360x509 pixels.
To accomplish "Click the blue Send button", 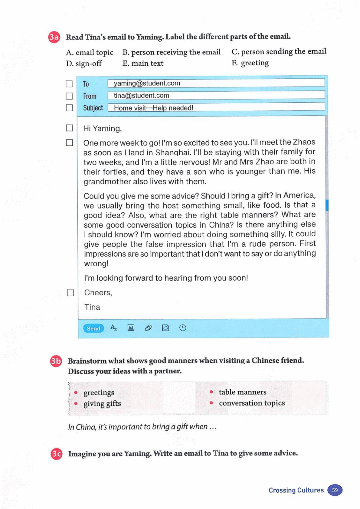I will point(93,328).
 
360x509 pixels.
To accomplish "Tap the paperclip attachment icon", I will point(148,328).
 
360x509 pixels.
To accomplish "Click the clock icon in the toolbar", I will point(183,328).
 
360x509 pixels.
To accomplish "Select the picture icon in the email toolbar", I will point(131,328).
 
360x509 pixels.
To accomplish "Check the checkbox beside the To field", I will point(69,84).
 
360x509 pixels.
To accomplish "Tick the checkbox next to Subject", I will point(69,108).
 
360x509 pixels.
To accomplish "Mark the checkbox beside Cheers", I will point(70,293).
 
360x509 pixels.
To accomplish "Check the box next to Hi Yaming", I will point(69,128).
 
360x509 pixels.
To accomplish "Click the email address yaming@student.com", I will point(147,83).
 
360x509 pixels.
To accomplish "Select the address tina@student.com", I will point(141,95).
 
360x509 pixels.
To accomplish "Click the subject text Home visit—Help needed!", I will point(153,108).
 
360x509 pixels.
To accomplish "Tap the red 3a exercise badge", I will point(54,37).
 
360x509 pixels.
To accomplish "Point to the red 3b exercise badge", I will point(56,361).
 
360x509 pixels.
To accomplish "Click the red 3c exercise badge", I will point(56,454).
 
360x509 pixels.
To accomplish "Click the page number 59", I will point(335,490).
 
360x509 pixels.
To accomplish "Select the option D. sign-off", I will point(84,63).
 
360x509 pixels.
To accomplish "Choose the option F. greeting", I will point(250,63).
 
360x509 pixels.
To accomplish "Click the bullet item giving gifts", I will point(102,403).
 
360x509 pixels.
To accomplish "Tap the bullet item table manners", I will point(242,392).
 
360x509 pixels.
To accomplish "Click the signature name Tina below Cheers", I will point(92,307).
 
